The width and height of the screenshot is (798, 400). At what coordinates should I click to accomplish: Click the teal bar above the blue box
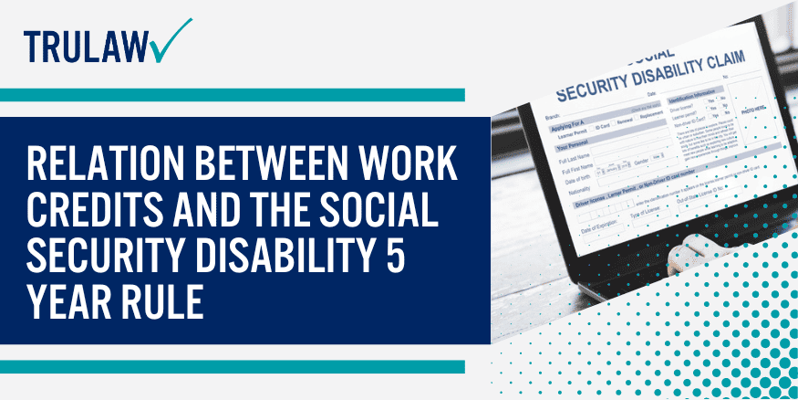point(233,95)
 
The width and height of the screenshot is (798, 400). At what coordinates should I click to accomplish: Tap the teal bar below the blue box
point(233,366)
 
